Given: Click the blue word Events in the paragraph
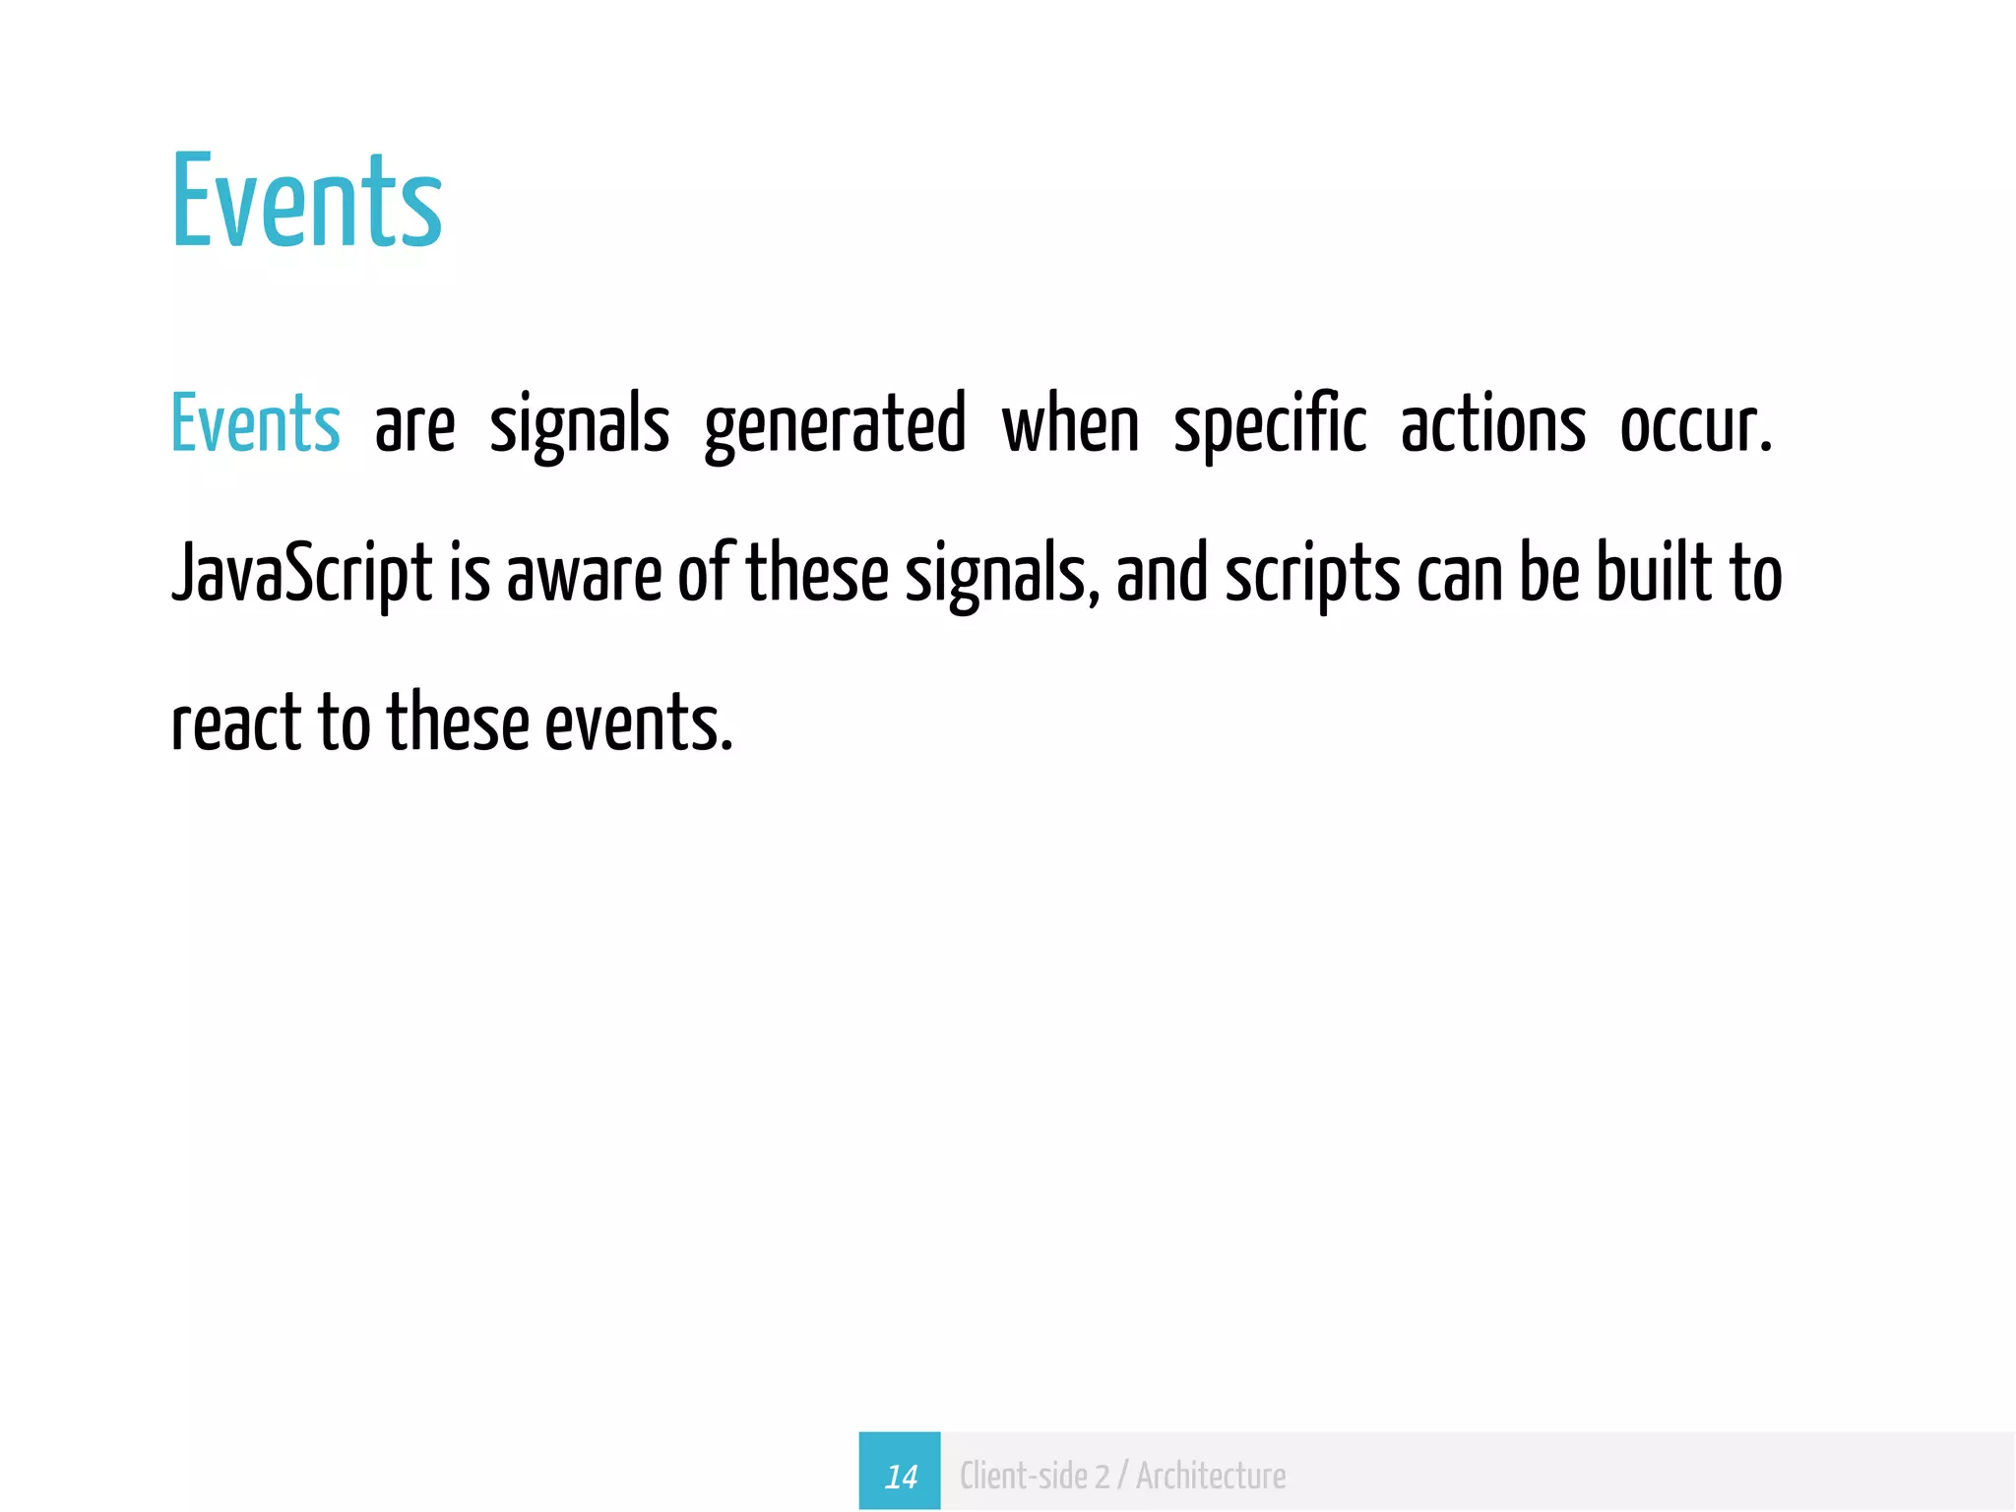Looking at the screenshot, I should [255, 423].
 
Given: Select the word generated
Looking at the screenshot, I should [835, 425].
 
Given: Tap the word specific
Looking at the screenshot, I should [1270, 425].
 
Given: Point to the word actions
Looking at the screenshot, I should [1492, 425].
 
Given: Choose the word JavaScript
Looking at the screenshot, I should [301, 574].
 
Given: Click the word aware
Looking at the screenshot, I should [584, 574].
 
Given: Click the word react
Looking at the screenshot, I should [235, 723].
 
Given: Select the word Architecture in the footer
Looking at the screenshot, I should [1211, 1476].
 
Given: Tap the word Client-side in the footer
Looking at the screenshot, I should [1024, 1476].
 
